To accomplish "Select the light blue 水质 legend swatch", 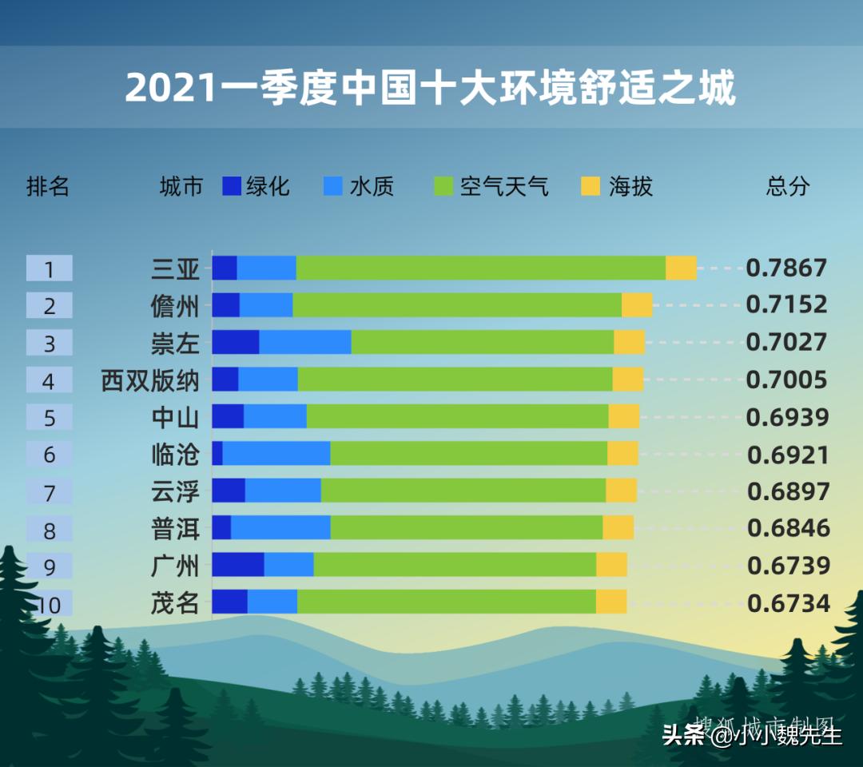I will point(332,186).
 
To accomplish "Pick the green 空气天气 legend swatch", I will point(443,186).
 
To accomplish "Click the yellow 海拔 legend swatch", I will point(590,186).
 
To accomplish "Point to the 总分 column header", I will point(787,186).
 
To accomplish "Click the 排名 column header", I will point(48,186).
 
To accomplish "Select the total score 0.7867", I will point(786,268).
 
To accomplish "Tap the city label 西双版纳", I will point(149,380).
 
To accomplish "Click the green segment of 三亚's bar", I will point(480,268).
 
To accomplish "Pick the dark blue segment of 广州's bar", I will point(237,564).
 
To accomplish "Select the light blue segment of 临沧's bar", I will point(276,453).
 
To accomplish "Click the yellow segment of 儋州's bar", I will point(637,305).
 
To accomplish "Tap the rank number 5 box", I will point(49,417).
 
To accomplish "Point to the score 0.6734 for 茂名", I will point(788,602).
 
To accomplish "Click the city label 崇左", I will point(175,343).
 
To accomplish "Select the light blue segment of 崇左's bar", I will point(305,342).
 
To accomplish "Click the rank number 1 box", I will point(49,268).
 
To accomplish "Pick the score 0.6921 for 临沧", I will point(788,454).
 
